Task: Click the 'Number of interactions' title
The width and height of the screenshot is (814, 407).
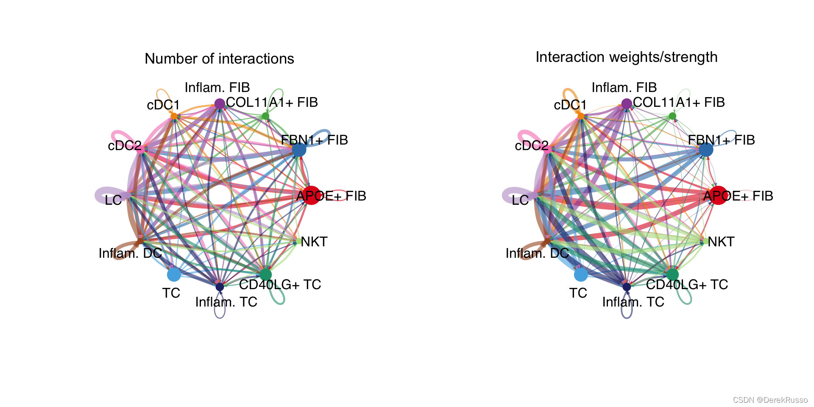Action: pyautogui.click(x=219, y=59)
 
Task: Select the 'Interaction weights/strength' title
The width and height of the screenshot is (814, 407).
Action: pyautogui.click(x=626, y=57)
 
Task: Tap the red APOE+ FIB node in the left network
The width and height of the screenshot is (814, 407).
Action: pyautogui.click(x=312, y=195)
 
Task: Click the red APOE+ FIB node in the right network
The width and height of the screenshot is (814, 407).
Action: pyautogui.click(x=719, y=195)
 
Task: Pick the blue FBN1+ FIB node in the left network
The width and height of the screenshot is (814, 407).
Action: pyautogui.click(x=299, y=150)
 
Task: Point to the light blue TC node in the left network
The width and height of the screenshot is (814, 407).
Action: pyautogui.click(x=174, y=275)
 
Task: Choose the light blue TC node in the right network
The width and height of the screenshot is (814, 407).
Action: pyautogui.click(x=581, y=275)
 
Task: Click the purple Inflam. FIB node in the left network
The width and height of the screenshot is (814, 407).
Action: pyautogui.click(x=220, y=103)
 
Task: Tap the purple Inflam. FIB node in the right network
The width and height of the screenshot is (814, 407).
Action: pyautogui.click(x=627, y=103)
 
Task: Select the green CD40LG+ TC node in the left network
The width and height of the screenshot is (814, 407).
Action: pyautogui.click(x=266, y=275)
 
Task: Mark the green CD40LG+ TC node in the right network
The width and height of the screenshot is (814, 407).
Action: pyautogui.click(x=673, y=275)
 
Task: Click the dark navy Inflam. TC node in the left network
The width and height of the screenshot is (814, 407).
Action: pyautogui.click(x=220, y=287)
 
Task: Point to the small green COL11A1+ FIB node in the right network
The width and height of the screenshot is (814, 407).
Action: pyautogui.click(x=672, y=116)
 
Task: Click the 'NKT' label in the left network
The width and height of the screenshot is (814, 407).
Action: pyautogui.click(x=314, y=242)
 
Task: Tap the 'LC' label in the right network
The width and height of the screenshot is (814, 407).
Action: pyautogui.click(x=520, y=200)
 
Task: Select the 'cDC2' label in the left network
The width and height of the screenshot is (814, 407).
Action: pyautogui.click(x=125, y=146)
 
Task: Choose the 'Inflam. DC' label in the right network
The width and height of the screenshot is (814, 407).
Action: pyautogui.click(x=537, y=253)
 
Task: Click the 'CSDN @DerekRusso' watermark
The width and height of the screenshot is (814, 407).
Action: pyautogui.click(x=770, y=400)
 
